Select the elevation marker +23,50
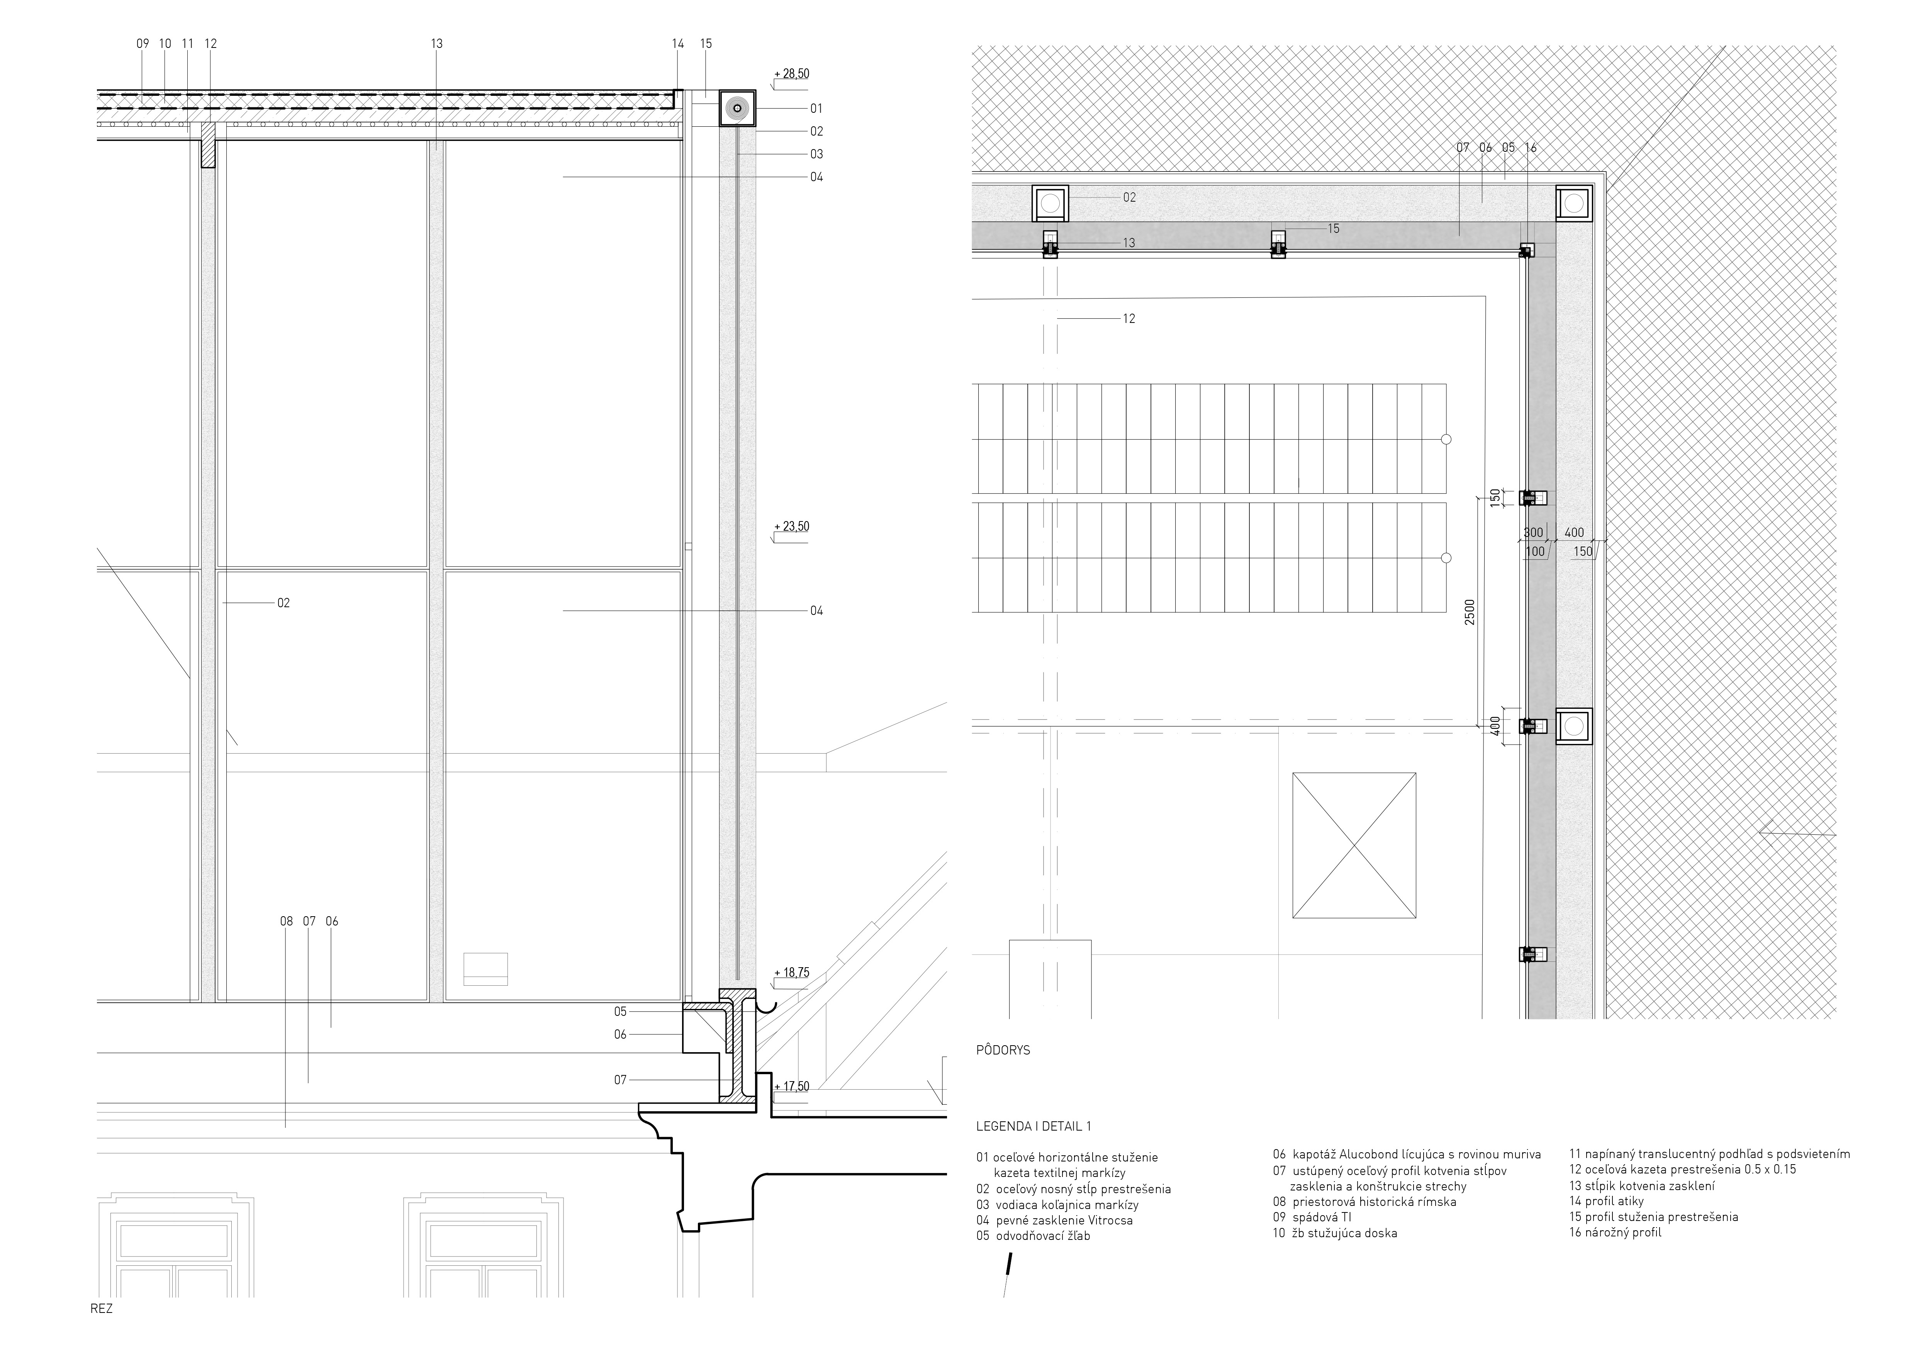[791, 526]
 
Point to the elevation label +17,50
[791, 1086]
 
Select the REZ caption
[101, 1308]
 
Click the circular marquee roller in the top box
[737, 109]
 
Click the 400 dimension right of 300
[1574, 532]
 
